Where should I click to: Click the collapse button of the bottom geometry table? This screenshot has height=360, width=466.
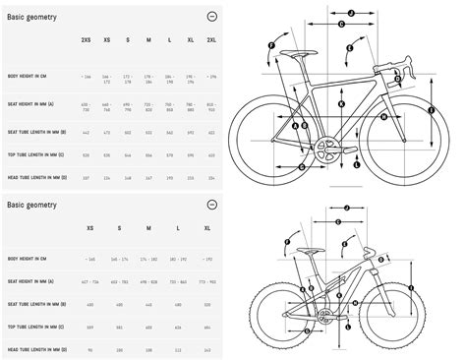click(211, 204)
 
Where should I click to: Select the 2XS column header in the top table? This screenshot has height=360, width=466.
click(87, 38)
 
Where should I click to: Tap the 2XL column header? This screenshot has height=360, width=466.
click(211, 38)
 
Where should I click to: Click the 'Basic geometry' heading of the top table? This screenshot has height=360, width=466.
click(29, 18)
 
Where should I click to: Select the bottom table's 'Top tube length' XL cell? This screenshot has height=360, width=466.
click(207, 329)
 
